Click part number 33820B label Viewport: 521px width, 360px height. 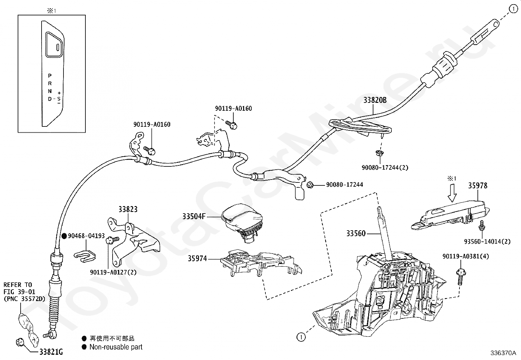tap(375, 100)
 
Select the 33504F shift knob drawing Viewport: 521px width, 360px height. tap(242, 222)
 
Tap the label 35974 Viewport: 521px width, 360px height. tap(197, 258)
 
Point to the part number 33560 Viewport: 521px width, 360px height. tap(356, 233)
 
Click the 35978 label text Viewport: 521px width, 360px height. tap(478, 186)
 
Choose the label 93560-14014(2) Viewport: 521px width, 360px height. tap(487, 241)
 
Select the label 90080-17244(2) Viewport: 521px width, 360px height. tap(385, 167)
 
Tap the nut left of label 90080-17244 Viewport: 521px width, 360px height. tap(310, 185)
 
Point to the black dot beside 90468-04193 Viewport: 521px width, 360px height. tap(64, 236)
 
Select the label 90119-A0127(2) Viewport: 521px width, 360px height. tap(113, 272)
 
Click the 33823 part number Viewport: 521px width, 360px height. tap(128, 209)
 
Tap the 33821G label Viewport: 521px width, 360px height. tap(51, 351)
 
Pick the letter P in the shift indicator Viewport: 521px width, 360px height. tap(50, 76)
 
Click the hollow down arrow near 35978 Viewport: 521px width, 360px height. tap(452, 193)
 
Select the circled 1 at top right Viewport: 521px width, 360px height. tap(513, 9)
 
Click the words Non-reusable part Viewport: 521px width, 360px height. tap(116, 347)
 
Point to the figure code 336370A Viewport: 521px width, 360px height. tap(503, 353)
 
